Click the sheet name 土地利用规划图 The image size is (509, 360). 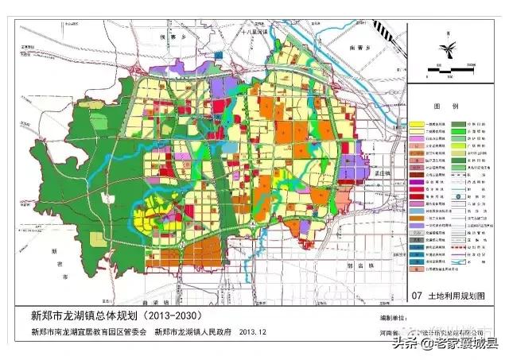click(456, 296)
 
